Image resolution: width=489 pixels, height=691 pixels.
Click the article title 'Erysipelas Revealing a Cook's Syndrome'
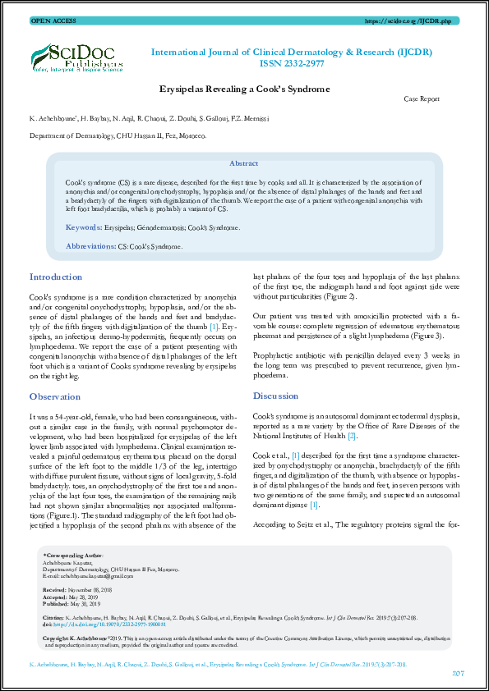pos(244,89)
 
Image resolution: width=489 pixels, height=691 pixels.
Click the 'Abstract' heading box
pos(244,164)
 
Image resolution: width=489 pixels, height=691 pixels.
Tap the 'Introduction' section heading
pos(56,277)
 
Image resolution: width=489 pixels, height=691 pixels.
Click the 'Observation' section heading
pos(55,396)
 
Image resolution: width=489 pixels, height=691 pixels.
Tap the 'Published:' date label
pos(57,602)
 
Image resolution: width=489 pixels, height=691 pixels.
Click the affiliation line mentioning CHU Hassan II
pos(118,135)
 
